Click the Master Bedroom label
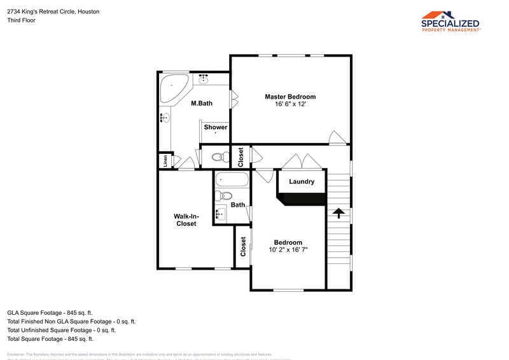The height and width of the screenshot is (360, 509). tap(290, 97)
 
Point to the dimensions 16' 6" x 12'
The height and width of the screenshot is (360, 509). tap(290, 104)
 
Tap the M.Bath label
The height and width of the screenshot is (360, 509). tap(202, 103)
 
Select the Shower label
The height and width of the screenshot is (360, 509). tap(215, 127)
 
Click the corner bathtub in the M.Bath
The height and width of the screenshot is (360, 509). tap(172, 88)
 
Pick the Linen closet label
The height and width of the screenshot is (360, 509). tap(165, 161)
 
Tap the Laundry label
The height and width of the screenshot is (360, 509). tap(302, 181)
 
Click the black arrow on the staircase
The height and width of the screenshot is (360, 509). tap(338, 213)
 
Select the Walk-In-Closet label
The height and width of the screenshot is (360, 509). tap(186, 220)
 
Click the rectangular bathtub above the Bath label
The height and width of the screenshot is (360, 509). tap(232, 180)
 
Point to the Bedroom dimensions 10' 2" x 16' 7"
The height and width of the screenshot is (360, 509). tap(288, 249)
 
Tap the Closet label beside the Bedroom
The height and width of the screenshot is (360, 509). tap(243, 247)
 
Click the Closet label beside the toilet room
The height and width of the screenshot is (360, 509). tap(241, 156)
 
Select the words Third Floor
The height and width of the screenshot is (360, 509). tap(21, 20)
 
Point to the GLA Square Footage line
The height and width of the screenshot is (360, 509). tap(50, 313)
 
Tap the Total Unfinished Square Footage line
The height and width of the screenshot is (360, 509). tap(61, 330)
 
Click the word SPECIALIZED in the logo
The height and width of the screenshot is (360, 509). tap(450, 24)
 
